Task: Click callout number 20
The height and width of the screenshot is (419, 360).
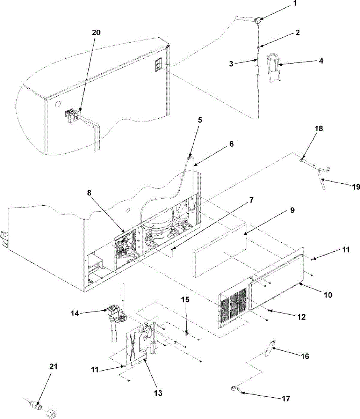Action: click(96, 32)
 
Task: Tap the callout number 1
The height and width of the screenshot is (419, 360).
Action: click(295, 5)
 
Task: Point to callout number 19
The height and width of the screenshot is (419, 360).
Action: click(355, 187)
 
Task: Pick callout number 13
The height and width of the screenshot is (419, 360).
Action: click(158, 393)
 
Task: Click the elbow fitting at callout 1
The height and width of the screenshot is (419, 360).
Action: click(258, 21)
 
